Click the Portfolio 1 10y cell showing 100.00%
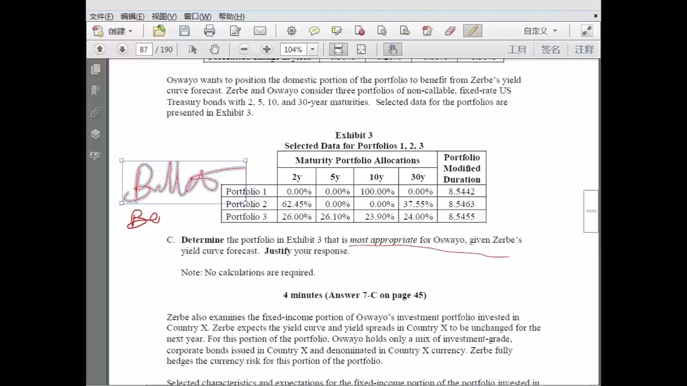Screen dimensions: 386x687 pos(377,192)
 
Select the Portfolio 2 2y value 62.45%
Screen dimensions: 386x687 pos(297,204)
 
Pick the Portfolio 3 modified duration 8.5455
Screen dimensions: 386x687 pos(462,216)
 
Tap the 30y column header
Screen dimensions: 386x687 pos(417,177)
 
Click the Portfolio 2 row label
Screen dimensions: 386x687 pos(246,204)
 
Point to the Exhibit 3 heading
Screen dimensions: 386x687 pos(353,136)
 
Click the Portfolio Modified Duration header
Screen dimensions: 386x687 pos(462,168)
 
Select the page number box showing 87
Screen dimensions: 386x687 pos(144,50)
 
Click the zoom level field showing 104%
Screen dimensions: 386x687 pos(293,50)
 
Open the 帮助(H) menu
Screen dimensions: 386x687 pos(231,16)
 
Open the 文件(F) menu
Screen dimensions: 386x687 pos(101,16)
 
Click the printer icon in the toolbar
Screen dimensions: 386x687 pos(210,31)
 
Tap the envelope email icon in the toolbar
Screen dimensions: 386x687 pos(260,31)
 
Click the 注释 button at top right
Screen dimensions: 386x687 pos(584,50)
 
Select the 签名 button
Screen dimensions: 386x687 pos(550,50)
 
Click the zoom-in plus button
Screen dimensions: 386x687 pos(267,50)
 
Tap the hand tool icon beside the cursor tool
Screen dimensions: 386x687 pos(214,50)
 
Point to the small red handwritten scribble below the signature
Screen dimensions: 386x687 pos(143,219)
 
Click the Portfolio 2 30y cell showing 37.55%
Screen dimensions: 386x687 pos(417,204)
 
